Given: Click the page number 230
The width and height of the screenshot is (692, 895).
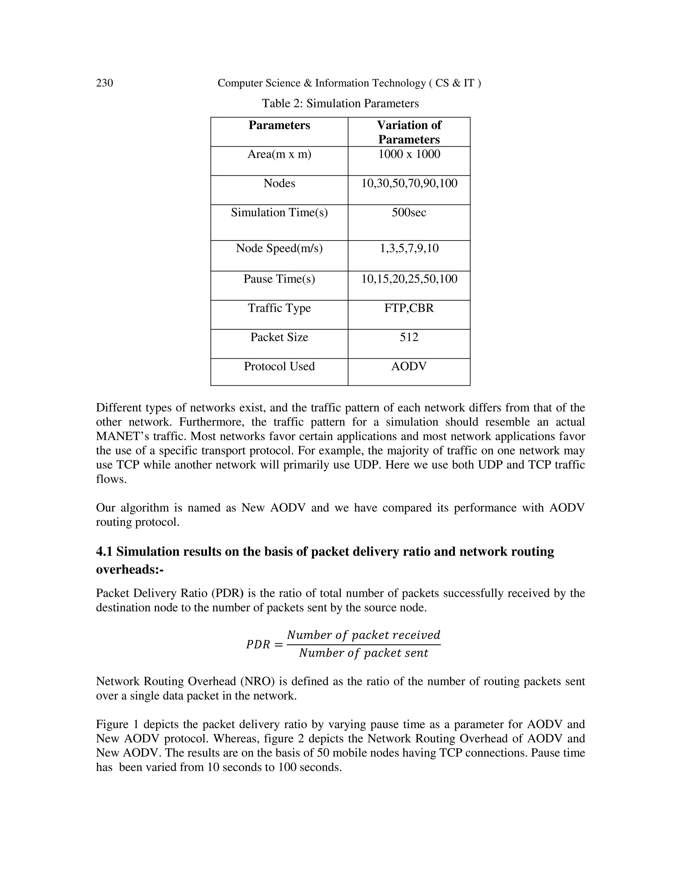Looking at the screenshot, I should (x=104, y=83).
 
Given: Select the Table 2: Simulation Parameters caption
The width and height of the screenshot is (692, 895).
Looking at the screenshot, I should (x=340, y=103).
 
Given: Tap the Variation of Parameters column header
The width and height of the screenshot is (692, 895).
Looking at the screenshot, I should (x=409, y=132).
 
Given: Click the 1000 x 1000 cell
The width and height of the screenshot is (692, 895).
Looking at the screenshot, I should (x=409, y=154).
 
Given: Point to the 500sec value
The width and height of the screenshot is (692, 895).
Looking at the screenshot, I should (x=409, y=212).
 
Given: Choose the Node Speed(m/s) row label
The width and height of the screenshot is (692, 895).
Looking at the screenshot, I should (x=279, y=248).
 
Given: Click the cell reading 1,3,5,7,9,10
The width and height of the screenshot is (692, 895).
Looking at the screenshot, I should (x=409, y=248).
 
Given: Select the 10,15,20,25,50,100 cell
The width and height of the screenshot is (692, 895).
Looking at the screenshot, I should (x=409, y=279).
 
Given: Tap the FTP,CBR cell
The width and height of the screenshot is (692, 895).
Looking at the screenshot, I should (x=409, y=308).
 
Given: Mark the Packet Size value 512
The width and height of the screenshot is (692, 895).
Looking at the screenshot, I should (x=409, y=337).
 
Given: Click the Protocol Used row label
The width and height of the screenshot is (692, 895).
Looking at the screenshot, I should (x=279, y=366).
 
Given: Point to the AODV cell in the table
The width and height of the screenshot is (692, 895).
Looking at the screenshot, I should (x=409, y=366).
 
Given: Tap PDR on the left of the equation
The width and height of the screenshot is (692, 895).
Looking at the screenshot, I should (x=258, y=645).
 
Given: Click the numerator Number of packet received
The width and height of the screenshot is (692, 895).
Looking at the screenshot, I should (x=363, y=635).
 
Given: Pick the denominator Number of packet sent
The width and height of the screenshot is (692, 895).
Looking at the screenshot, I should (x=363, y=653).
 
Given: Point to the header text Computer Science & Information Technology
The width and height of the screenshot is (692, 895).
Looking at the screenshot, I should (x=321, y=83).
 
